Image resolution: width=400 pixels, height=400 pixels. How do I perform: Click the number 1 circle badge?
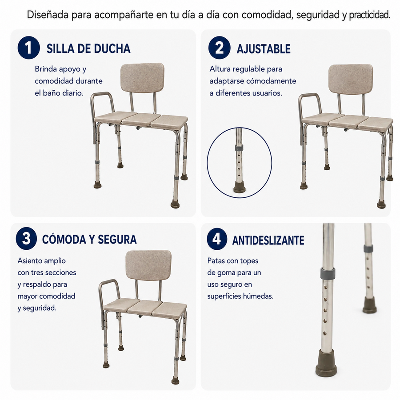[28, 48]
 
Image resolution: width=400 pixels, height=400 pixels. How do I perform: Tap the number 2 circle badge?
[219, 48]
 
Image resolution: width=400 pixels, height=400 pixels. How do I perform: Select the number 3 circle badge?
[26, 239]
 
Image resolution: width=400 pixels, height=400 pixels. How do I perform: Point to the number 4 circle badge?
[217, 239]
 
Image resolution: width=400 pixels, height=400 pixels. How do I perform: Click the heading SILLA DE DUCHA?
[88, 49]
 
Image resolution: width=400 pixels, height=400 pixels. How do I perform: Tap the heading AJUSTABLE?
[264, 49]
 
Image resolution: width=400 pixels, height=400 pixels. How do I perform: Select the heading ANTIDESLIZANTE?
[268, 240]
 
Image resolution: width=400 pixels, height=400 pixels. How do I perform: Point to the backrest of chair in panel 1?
[142, 77]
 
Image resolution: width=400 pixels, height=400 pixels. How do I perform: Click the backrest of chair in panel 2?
[351, 79]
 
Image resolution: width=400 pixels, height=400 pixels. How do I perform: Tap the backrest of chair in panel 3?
[148, 265]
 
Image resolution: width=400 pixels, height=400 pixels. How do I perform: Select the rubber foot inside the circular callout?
[240, 188]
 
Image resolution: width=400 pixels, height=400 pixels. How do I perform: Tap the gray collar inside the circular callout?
[239, 148]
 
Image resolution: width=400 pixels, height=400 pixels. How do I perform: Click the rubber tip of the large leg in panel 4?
[326, 363]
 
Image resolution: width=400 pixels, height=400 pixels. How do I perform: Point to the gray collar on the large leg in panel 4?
[328, 273]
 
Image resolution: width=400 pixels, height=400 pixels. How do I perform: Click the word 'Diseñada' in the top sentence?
[48, 15]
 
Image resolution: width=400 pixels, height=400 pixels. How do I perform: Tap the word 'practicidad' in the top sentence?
[369, 15]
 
